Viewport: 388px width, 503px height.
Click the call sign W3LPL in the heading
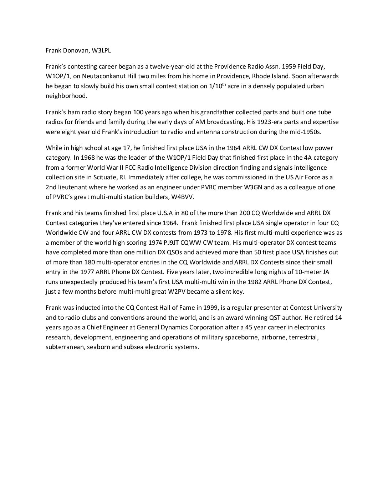point(101,50)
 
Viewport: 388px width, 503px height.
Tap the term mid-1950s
point(306,131)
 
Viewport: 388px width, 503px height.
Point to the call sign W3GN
point(248,187)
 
